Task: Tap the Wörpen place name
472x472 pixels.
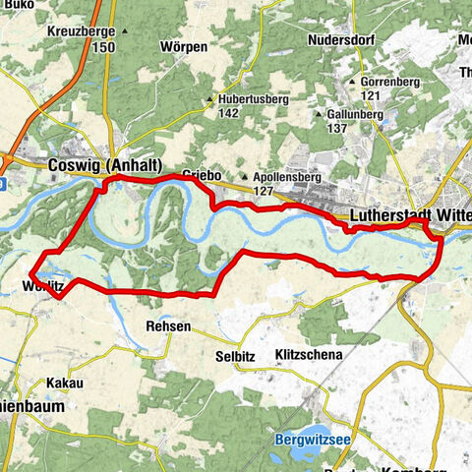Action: [x=184, y=46]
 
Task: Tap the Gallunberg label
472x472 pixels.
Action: [x=357, y=114]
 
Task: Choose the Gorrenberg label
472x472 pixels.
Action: [x=392, y=81]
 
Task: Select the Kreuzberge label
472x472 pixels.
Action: [x=80, y=31]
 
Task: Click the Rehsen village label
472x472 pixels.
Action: [x=167, y=325]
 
